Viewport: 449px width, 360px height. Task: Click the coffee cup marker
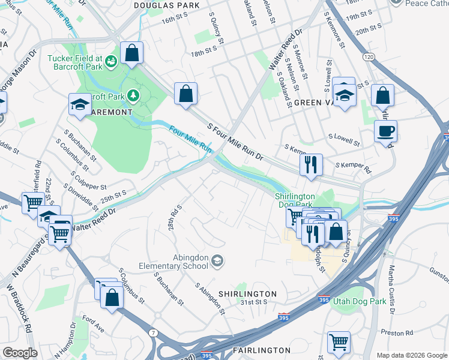pyautogui.click(x=385, y=131)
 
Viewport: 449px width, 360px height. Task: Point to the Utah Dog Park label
pyautogui.click(x=360, y=301)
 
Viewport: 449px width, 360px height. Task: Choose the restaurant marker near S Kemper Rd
pyautogui.click(x=311, y=165)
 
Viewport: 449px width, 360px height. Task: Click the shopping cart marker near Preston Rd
pyautogui.click(x=339, y=343)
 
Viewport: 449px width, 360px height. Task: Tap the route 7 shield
pyautogui.click(x=154, y=332)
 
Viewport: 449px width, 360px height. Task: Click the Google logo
pyautogui.click(x=20, y=353)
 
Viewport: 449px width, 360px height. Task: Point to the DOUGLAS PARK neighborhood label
pyautogui.click(x=158, y=5)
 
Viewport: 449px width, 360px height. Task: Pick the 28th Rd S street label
pyautogui.click(x=175, y=218)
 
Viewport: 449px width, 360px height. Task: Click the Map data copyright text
pyautogui.click(x=411, y=355)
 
